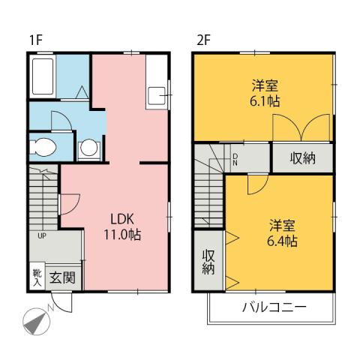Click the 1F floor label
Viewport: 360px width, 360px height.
pos(34,40)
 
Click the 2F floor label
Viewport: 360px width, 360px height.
pos(202,40)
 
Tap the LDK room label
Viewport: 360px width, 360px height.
pos(122,219)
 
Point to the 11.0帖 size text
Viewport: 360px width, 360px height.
pos(122,235)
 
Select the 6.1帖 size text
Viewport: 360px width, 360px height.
pos(262,100)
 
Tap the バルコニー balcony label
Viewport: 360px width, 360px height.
pos(274,307)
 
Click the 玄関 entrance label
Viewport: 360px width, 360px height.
pos(62,277)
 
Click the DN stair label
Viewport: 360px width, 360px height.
pos(235,159)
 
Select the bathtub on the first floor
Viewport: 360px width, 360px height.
pos(43,76)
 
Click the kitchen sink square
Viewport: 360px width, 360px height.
pos(157,95)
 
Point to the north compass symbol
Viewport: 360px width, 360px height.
pos(36,320)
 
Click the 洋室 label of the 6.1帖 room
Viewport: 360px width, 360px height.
pos(262,85)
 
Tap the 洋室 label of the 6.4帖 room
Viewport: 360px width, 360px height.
pos(281,225)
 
